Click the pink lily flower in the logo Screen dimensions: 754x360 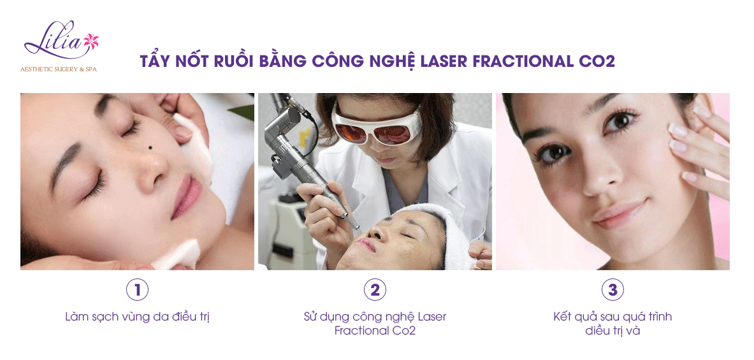[x=91, y=41]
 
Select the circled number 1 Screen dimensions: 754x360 [x=137, y=290]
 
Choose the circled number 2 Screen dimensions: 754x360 [x=375, y=290]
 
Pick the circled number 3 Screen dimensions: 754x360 [x=613, y=290]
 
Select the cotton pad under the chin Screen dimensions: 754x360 [x=177, y=254]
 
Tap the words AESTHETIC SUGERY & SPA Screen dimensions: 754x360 [x=58, y=69]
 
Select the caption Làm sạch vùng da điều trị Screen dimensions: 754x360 [x=137, y=317]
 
